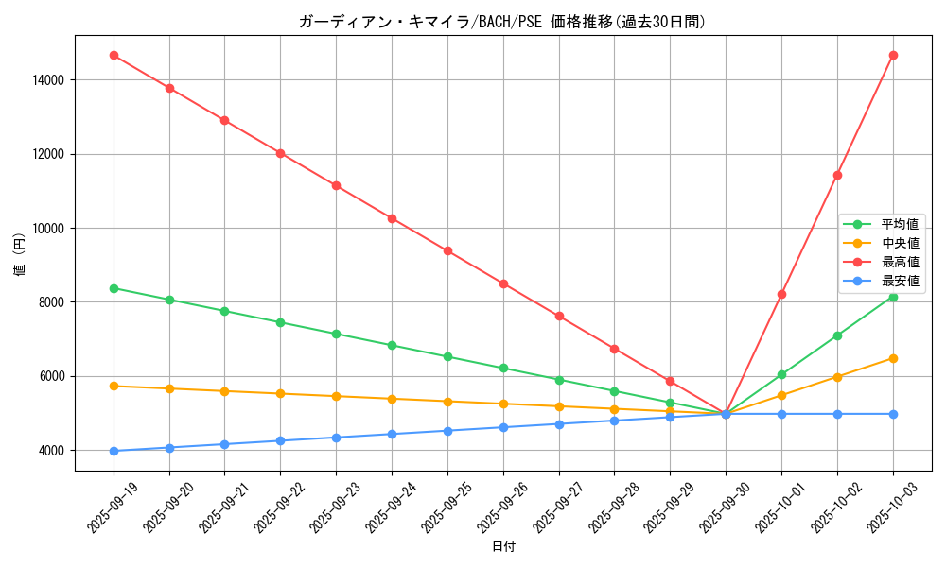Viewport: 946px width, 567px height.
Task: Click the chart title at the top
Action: point(502,22)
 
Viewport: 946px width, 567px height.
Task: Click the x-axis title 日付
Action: point(503,547)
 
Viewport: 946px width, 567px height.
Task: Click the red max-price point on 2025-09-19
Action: point(114,56)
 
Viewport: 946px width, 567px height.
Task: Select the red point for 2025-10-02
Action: point(837,175)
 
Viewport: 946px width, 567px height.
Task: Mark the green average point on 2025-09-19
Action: point(114,288)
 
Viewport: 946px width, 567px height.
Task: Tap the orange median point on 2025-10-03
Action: point(893,358)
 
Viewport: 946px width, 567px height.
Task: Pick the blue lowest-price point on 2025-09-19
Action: point(114,451)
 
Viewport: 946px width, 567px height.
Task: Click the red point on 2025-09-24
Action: point(392,218)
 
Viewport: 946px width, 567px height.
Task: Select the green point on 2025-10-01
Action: point(781,374)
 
